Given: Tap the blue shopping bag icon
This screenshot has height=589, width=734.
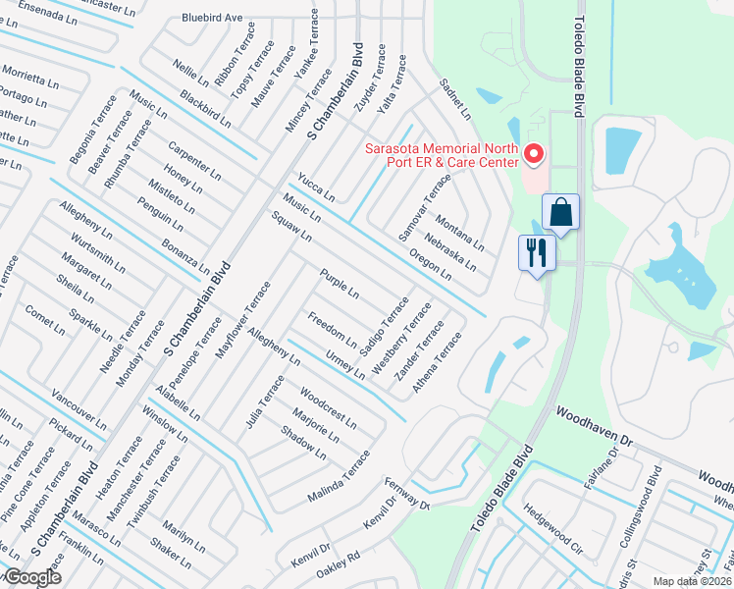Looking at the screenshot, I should tap(560, 212).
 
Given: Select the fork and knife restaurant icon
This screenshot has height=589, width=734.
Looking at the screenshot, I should tap(536, 253).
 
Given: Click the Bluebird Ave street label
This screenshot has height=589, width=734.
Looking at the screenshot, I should tap(212, 18).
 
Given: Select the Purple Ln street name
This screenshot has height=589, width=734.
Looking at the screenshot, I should tap(340, 283).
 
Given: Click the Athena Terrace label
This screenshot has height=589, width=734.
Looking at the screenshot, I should tap(437, 362).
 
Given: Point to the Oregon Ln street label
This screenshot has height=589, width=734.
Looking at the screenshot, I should tap(431, 262).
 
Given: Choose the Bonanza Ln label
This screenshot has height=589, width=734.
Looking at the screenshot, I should tap(186, 254).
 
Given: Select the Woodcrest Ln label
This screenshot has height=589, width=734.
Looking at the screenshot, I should tap(328, 406).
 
